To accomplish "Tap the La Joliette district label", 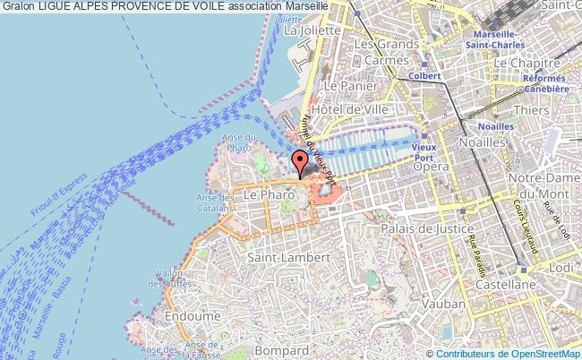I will click(x=312, y=30).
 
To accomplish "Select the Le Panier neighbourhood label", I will click(x=341, y=86).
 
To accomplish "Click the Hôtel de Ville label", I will click(x=355, y=108).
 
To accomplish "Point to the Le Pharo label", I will click(x=263, y=193).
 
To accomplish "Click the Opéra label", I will click(x=431, y=167).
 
